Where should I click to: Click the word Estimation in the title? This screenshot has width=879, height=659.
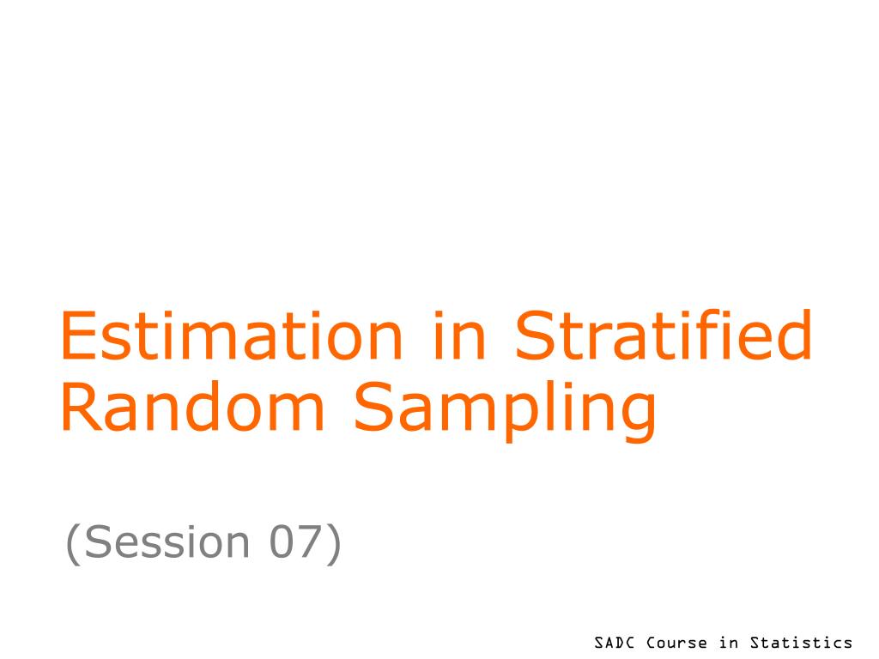232,336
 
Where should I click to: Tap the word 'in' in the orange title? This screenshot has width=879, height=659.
459,336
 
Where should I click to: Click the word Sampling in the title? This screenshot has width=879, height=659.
505,410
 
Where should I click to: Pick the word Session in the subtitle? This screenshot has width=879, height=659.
167,542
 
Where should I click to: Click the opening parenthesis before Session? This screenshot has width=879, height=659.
72,543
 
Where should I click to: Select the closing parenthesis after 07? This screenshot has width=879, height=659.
334,543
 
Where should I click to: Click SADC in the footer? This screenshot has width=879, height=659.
614,642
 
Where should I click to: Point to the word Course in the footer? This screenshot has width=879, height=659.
676,642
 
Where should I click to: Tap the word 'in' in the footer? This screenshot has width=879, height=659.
729,642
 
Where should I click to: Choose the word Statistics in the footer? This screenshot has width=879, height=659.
801,642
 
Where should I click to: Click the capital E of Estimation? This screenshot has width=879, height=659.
78,336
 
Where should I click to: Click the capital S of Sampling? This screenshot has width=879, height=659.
374,406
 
